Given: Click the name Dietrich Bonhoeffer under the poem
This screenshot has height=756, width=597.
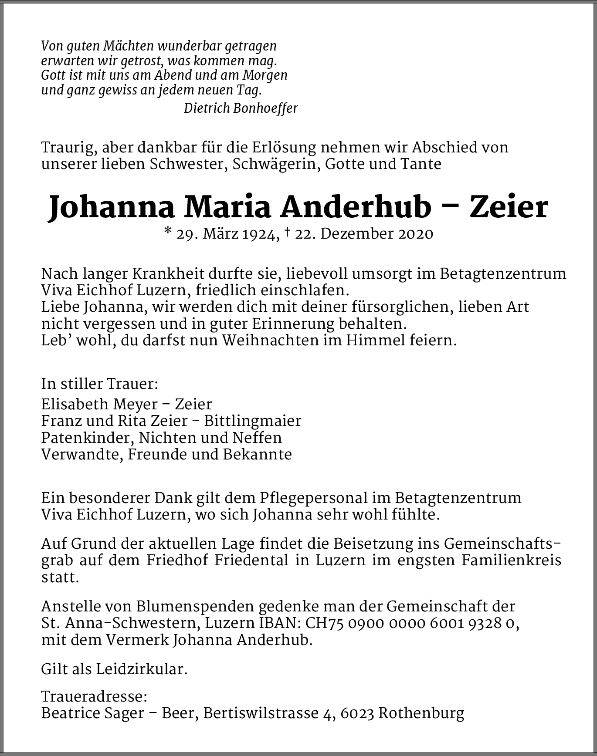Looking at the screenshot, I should (241, 108).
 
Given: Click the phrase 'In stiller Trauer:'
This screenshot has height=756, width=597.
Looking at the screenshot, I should (99, 384).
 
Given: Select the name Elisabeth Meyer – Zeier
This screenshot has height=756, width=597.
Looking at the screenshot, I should (126, 404).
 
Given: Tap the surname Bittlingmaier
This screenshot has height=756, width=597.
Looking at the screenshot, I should (253, 421).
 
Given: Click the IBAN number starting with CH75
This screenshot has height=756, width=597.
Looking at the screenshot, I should (412, 624).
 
